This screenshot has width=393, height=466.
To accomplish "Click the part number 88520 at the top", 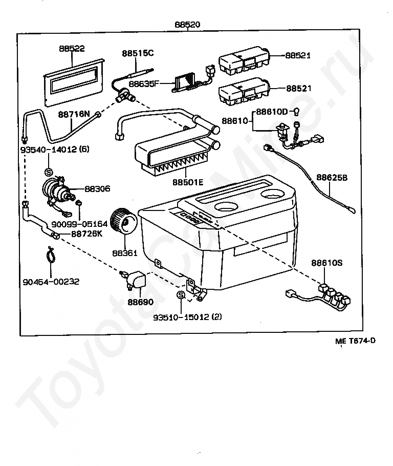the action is [x=187, y=25].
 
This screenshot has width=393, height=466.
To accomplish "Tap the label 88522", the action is [x=72, y=49].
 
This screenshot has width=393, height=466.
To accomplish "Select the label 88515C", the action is [x=138, y=53].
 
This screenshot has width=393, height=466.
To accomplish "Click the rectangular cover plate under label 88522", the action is [x=74, y=82].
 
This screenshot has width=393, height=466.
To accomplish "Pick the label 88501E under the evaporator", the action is [x=188, y=182].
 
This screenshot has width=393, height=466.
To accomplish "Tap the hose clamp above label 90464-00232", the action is [x=51, y=255].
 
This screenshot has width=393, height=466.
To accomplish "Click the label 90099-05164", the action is [x=79, y=224].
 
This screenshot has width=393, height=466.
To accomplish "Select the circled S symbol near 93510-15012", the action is [x=181, y=295].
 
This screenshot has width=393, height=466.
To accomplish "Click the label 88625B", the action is [x=332, y=177].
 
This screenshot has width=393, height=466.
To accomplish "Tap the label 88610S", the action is [x=327, y=263].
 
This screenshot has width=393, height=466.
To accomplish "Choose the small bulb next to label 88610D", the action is [x=296, y=112].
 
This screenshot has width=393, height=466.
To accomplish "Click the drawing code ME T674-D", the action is [x=355, y=341].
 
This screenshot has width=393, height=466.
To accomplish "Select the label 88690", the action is [x=141, y=302].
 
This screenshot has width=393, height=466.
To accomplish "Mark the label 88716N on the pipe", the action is [x=74, y=114].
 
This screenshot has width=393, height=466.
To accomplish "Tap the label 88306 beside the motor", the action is [x=97, y=189].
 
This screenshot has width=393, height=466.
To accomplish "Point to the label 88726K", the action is [x=87, y=234].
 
